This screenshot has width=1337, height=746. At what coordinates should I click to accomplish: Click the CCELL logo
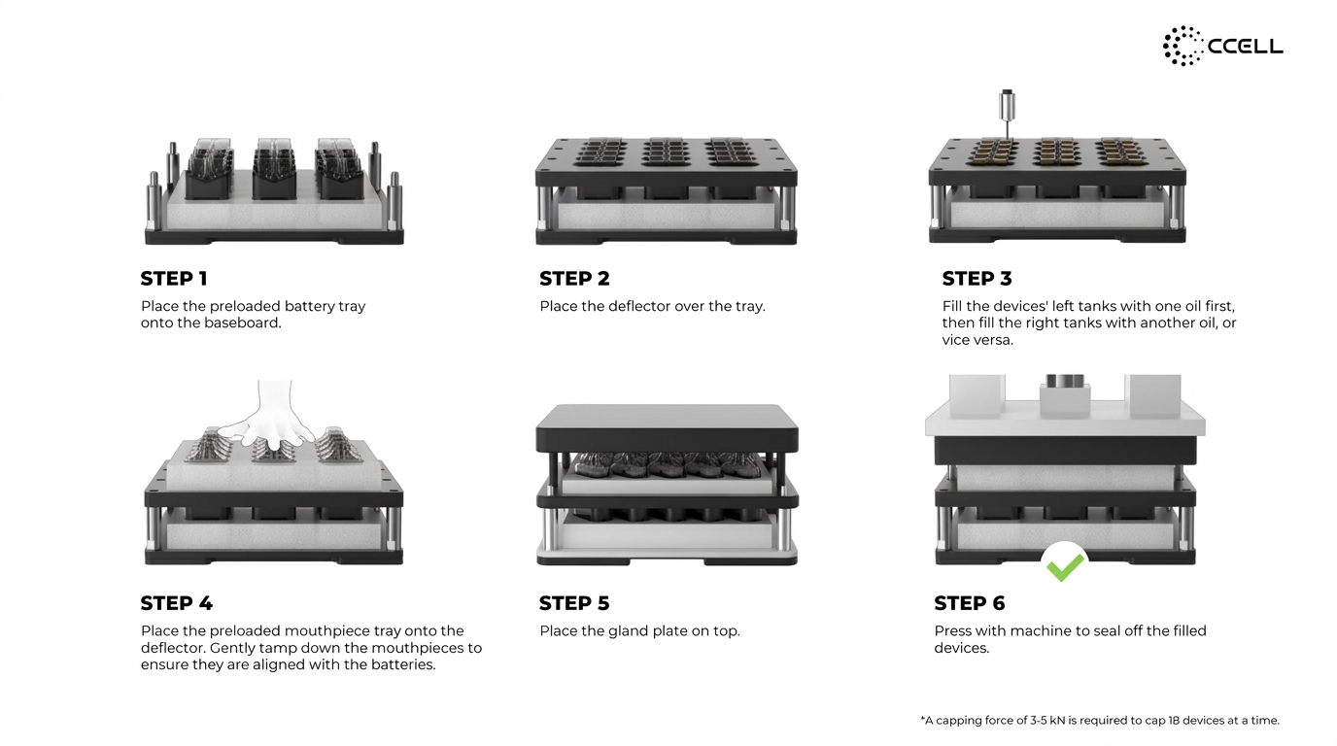click(1223, 46)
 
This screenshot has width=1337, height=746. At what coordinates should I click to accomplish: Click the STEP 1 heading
click(174, 279)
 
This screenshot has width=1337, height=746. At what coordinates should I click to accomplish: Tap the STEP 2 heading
click(574, 279)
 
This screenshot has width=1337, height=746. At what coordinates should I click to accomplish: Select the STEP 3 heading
click(977, 279)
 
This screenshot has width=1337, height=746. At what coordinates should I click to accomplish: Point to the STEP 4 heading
click(177, 603)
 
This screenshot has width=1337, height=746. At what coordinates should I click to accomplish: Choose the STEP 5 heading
click(574, 603)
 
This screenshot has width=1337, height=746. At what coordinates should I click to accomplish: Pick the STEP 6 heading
click(970, 603)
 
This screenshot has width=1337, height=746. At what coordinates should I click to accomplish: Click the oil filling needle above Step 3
click(1008, 115)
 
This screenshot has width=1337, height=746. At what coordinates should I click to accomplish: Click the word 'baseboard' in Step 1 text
click(242, 323)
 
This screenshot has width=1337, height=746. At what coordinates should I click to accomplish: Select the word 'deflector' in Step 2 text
click(638, 307)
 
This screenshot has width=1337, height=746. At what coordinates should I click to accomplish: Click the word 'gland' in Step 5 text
click(627, 631)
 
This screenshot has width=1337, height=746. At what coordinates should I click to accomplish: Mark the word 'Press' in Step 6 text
click(952, 631)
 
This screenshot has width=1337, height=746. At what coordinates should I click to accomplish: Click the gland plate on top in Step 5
click(667, 428)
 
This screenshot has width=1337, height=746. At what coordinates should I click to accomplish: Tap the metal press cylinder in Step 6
click(1065, 382)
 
